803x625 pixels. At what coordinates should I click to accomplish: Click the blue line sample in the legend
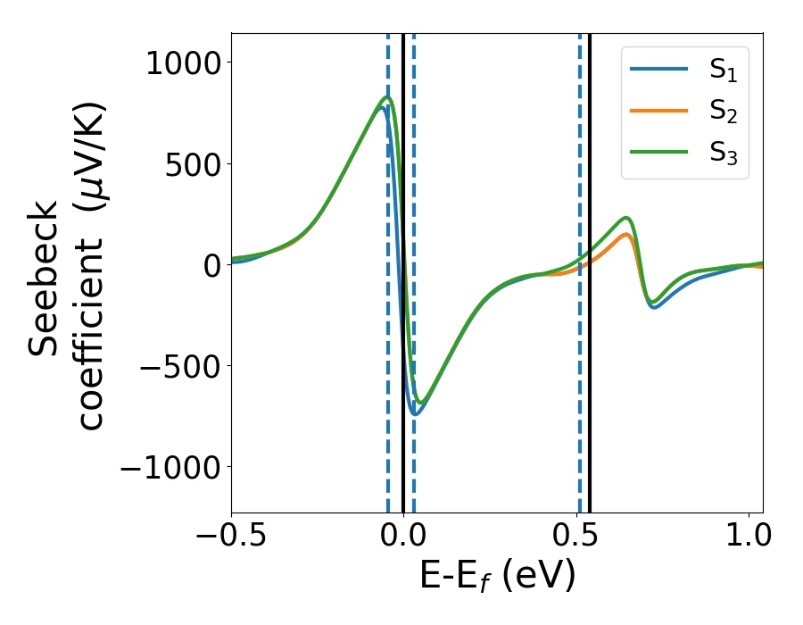660,69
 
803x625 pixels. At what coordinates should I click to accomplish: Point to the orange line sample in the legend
660,111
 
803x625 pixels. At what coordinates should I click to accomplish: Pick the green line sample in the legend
660,153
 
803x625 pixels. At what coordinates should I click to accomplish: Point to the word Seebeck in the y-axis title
44,278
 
